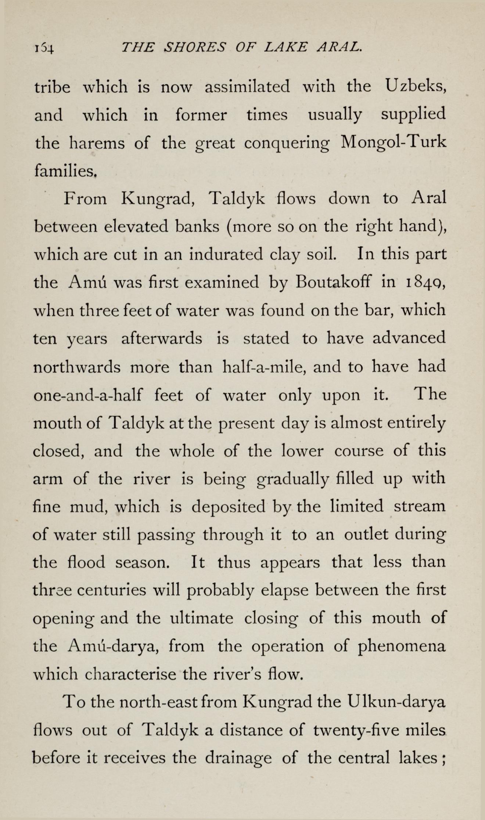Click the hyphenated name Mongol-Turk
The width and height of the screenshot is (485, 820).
tap(394, 143)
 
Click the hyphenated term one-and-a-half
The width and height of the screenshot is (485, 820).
tap(88, 395)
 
